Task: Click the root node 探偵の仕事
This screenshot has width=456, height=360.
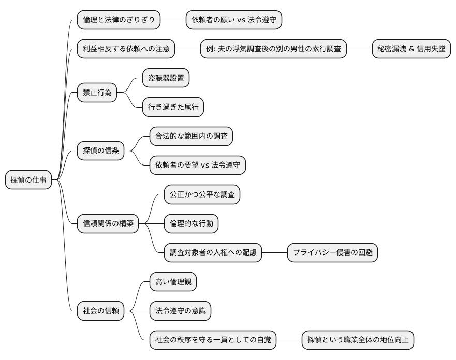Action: click(28, 180)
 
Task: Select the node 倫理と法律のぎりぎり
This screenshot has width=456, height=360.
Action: click(119, 20)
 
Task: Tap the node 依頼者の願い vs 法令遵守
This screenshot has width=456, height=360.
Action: click(233, 20)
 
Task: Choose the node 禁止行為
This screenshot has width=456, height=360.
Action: click(97, 93)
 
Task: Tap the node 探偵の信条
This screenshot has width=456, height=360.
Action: click(100, 151)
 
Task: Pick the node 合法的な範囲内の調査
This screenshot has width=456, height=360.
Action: click(191, 137)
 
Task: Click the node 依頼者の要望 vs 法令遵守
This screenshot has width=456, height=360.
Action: click(197, 166)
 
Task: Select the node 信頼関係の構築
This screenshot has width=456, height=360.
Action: click(108, 223)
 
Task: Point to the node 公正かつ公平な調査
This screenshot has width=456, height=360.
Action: click(201, 194)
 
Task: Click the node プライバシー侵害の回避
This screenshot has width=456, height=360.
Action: click(332, 253)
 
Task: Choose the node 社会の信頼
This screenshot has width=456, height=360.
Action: click(100, 311)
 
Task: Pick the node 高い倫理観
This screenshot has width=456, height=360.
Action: click(173, 282)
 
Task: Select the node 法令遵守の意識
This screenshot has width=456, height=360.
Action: click(180, 311)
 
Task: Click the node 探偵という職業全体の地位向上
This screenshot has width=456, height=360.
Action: click(357, 340)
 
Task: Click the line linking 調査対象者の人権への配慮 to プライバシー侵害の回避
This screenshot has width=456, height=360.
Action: click(274, 253)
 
